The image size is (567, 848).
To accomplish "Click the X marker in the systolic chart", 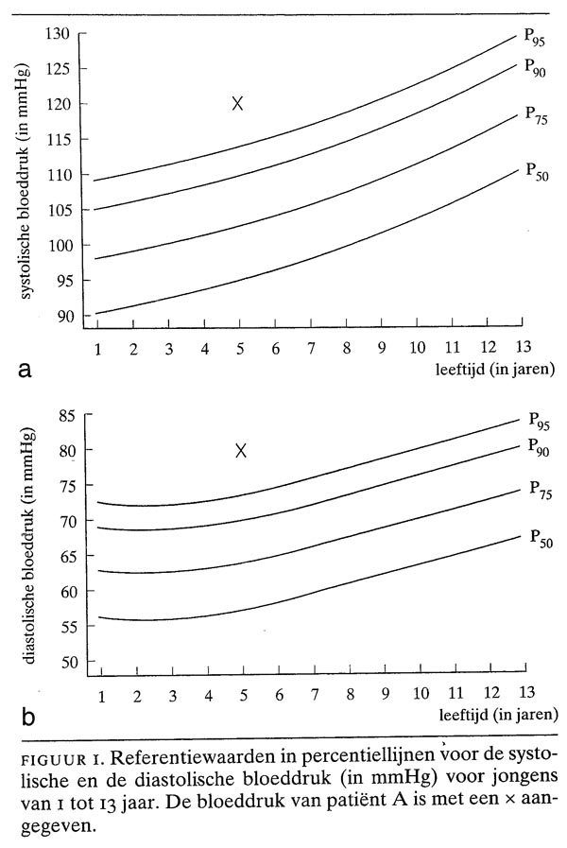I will tap(238, 103).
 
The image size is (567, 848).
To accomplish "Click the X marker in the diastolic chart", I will tap(241, 451).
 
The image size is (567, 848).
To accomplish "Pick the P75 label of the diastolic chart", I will tap(539, 491).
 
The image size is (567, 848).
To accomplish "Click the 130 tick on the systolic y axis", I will tap(58, 34).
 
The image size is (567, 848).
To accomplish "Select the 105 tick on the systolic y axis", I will tap(58, 210).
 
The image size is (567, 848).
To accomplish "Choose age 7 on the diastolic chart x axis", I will tap(315, 695).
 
